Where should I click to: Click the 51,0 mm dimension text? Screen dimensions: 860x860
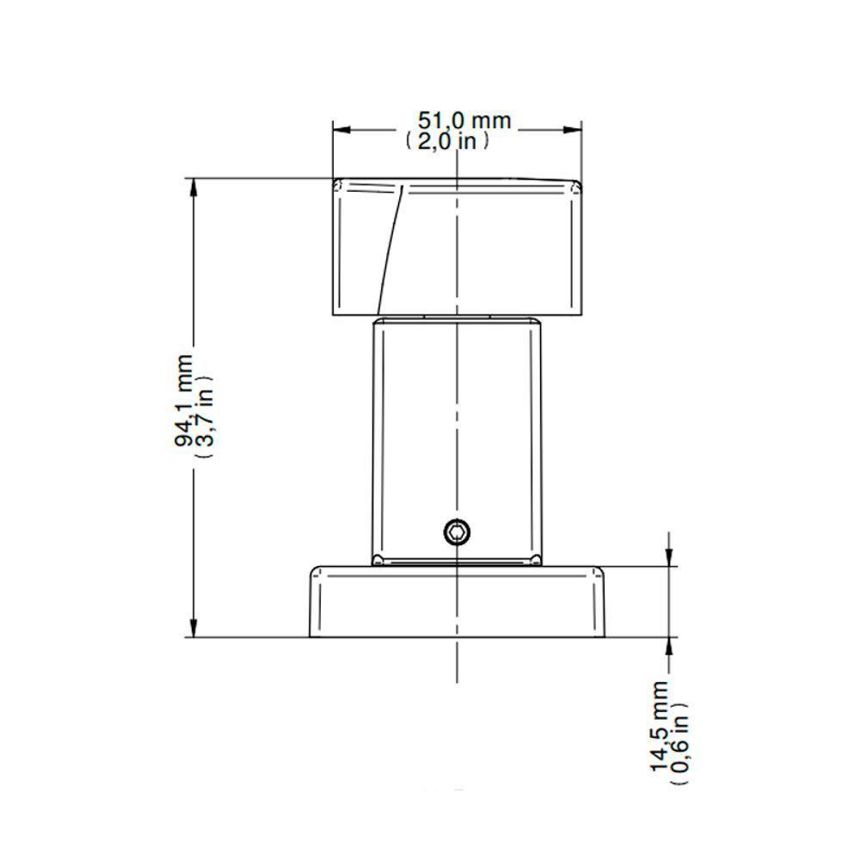click(464, 120)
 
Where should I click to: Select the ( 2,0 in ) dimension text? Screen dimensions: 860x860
click(446, 141)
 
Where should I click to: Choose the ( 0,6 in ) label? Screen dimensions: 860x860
click(680, 744)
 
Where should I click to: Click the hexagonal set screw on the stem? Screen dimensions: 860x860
click(456, 532)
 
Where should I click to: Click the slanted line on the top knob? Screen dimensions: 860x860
click(390, 249)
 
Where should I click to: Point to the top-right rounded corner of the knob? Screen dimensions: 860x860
click(577, 185)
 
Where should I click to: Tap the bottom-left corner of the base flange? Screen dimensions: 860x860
click(310, 636)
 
